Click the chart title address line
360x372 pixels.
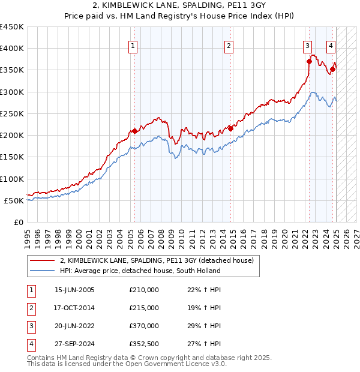[x=179, y=7]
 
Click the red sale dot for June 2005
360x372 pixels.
[x=135, y=131]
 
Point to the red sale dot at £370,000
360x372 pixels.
[x=309, y=61]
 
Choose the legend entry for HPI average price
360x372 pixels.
[x=140, y=271]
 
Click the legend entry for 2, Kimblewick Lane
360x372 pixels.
[x=157, y=260]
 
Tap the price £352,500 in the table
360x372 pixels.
[x=144, y=344]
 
